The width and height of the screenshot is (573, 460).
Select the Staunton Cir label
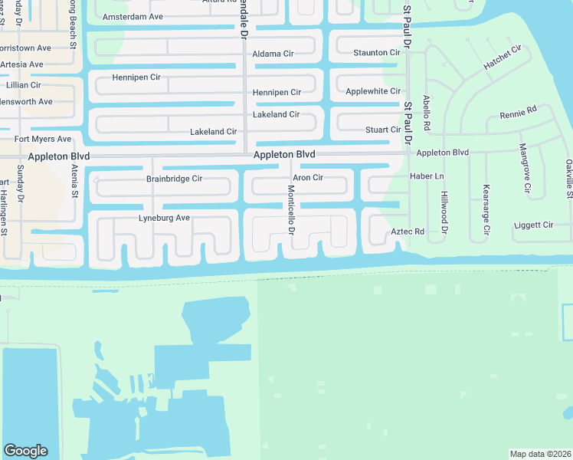376,53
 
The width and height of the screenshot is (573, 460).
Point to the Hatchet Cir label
502,58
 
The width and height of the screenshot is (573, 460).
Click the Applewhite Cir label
373,91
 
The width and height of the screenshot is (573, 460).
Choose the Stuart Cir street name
383,130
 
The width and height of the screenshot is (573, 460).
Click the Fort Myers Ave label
43,140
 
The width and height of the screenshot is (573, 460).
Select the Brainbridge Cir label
174,179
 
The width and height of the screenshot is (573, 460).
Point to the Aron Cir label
308,177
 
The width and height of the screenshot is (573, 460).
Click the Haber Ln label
427,176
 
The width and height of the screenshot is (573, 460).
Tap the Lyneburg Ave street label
164,219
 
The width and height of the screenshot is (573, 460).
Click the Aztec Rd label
408,231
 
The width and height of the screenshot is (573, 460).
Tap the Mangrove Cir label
524,168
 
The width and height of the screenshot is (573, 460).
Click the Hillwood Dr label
444,212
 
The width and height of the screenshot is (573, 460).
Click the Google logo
25,451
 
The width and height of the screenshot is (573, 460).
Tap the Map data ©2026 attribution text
539,454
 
